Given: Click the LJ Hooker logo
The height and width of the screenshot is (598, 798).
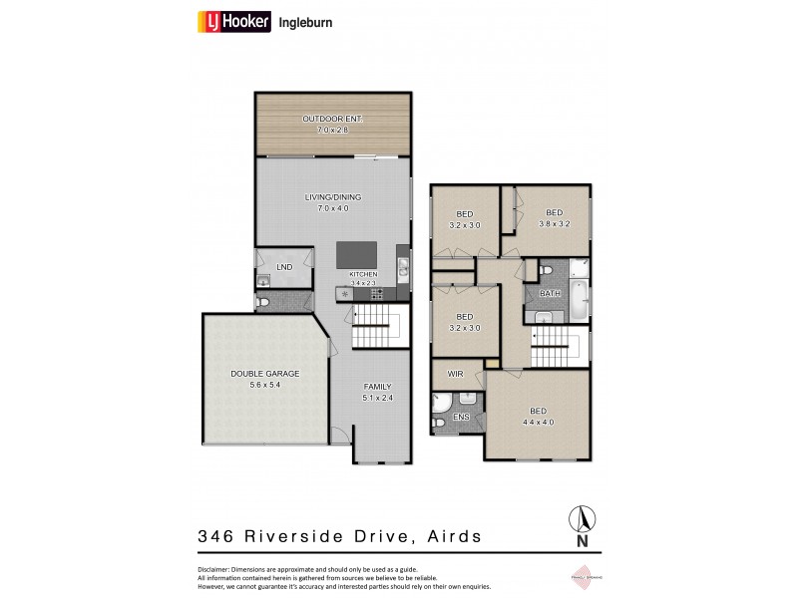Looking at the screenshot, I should click(234, 21).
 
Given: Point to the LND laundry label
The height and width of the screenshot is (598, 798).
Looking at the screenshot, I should click(284, 267).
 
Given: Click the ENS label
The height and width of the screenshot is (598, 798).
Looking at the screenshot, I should click(461, 416).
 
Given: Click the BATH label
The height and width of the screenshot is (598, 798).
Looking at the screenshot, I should click(550, 294).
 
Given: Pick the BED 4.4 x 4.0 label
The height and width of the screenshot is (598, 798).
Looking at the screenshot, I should click(538, 416).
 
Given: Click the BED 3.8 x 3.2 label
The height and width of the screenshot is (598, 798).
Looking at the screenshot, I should click(554, 217).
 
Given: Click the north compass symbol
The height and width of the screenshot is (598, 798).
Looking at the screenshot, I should click(582, 521).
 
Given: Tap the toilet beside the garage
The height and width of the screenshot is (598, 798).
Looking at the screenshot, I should click(264, 301).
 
